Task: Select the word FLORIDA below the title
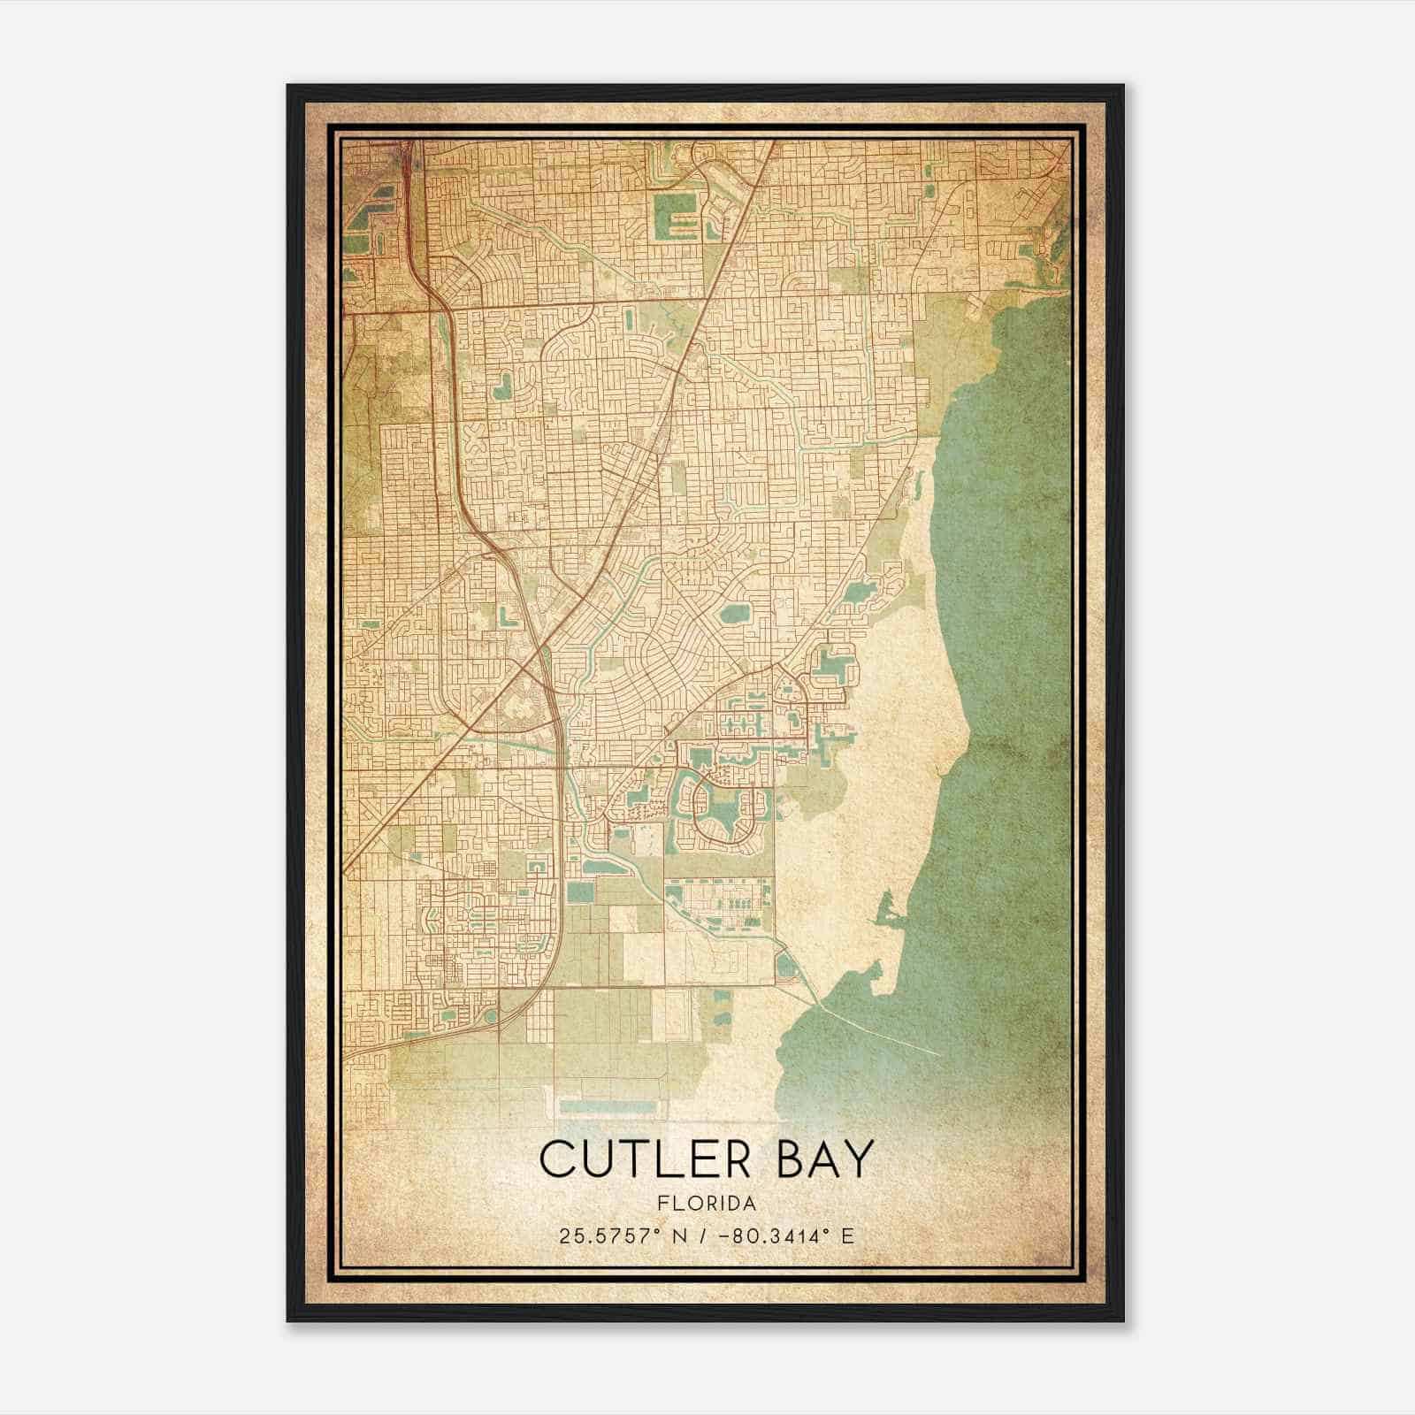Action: point(707,1204)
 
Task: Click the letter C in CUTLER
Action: point(556,1159)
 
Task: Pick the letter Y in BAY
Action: point(857,1159)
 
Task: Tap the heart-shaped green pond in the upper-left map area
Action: point(502,386)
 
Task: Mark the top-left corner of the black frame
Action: point(288,86)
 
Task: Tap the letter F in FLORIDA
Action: point(662,1204)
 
